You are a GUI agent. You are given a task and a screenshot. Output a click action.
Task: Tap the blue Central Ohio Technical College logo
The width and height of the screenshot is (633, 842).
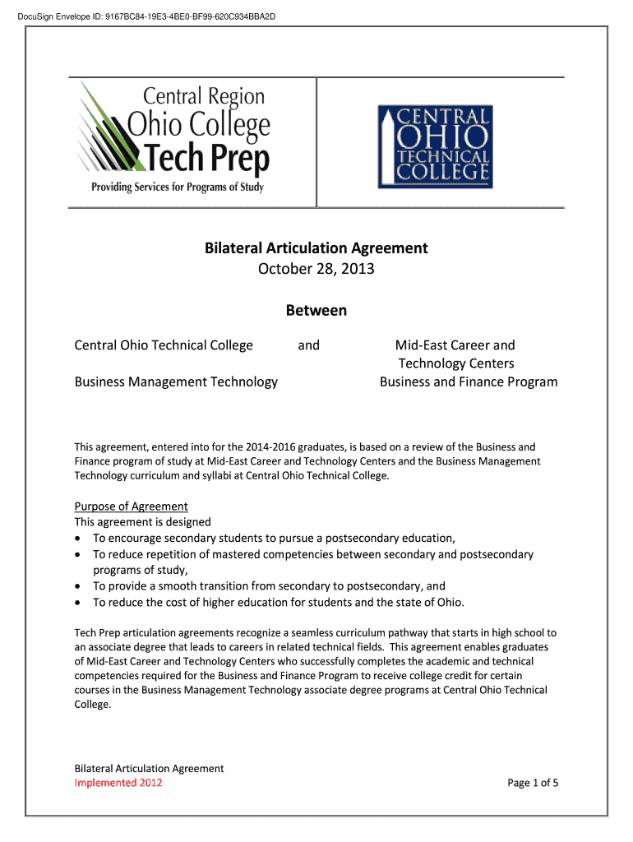point(434,146)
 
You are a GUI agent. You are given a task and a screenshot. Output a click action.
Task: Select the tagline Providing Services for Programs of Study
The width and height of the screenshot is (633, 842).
point(177,187)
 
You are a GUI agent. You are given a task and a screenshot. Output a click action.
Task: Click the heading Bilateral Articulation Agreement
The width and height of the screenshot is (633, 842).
point(316,248)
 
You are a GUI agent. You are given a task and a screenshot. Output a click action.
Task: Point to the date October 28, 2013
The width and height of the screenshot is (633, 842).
point(316,269)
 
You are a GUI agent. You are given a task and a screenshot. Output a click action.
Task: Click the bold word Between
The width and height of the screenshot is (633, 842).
point(316,311)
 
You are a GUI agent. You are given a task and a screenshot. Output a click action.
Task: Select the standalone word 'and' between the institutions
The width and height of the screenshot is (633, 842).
point(308,345)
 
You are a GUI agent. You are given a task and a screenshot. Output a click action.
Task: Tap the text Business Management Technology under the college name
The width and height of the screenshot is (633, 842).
point(176,382)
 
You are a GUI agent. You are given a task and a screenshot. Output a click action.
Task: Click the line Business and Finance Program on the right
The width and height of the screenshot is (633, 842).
point(468,382)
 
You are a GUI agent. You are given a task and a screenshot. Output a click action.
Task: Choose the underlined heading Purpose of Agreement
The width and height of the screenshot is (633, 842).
point(132,506)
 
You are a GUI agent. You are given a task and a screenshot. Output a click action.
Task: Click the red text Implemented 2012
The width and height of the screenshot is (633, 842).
point(118,782)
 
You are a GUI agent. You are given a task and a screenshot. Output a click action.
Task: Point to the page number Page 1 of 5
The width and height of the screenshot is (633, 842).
point(533,782)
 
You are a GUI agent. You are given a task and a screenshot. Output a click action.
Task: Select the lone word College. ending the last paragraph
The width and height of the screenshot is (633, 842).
point(92,704)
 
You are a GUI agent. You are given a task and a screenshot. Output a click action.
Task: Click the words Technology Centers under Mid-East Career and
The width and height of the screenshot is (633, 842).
point(456,363)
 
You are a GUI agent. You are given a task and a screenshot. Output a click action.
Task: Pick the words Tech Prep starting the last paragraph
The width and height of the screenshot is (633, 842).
point(96,633)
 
